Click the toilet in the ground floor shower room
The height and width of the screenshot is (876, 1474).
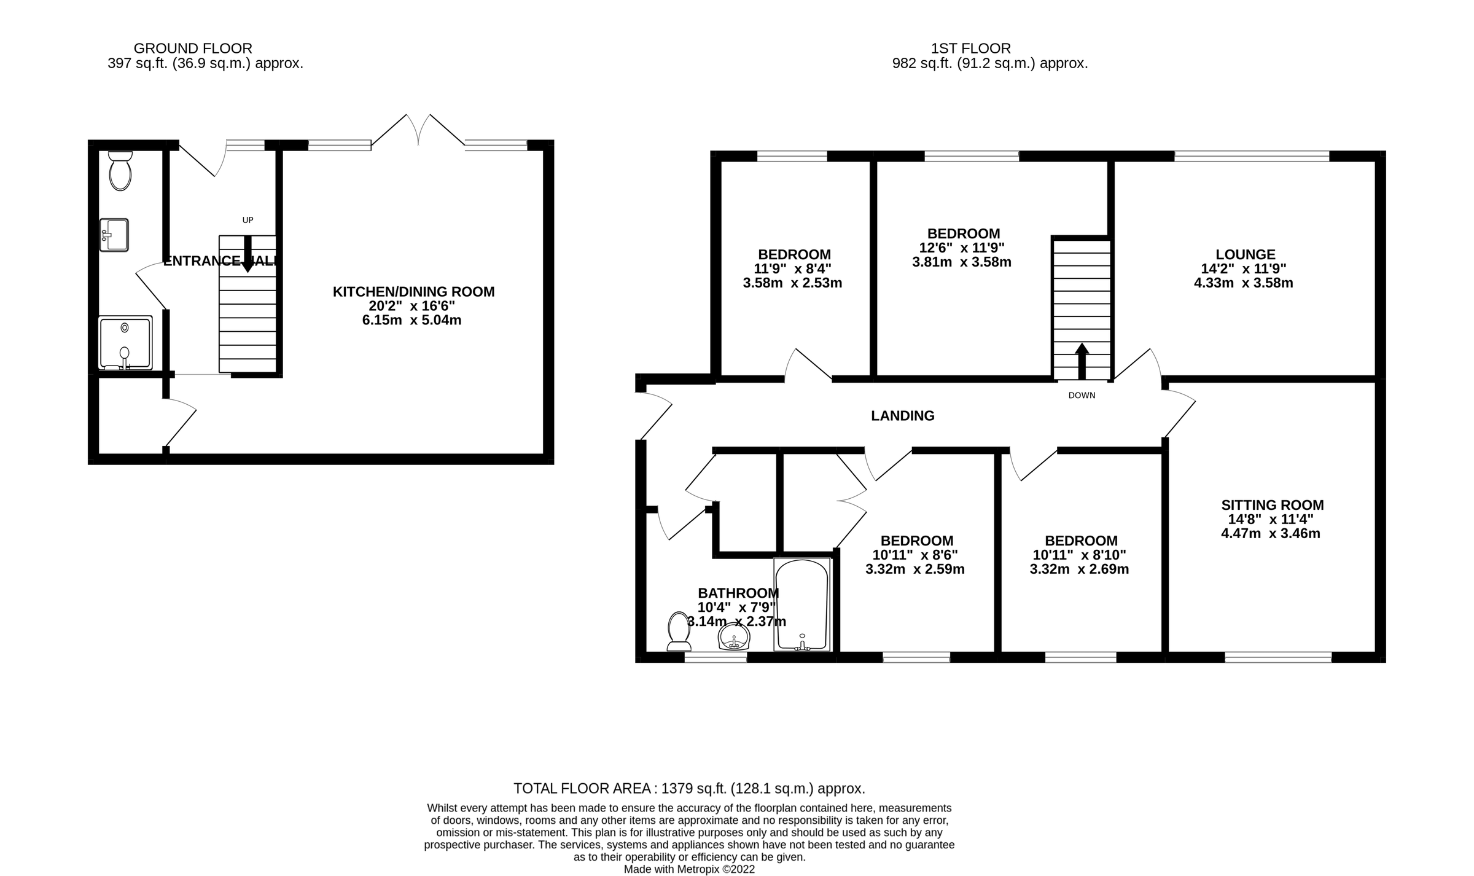click(120, 171)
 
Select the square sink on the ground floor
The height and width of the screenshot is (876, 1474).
click(114, 235)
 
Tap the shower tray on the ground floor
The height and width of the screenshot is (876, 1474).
click(125, 342)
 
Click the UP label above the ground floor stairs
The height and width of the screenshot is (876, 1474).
click(248, 220)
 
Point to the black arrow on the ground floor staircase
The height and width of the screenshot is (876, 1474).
click(248, 254)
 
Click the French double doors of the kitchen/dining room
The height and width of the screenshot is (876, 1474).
click(418, 130)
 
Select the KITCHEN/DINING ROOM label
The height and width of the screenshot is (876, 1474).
click(413, 292)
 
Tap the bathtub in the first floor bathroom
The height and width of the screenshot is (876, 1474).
click(801, 605)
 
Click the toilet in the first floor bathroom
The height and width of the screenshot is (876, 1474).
click(679, 631)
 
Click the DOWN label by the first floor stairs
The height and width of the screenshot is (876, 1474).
click(1082, 396)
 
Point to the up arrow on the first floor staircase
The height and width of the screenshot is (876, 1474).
click(1082, 361)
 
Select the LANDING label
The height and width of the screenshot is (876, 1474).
click(902, 416)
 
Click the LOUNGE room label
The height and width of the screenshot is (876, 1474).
click(1245, 254)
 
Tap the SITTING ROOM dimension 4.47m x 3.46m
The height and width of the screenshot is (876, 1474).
click(1270, 533)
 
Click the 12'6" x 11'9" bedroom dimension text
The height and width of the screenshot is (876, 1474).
click(962, 248)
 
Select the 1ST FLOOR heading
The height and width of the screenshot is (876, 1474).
click(970, 48)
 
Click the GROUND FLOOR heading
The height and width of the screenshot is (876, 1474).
click(192, 48)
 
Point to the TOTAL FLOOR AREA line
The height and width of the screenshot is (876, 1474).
click(688, 788)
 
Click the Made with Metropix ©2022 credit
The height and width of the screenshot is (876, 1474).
click(688, 869)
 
